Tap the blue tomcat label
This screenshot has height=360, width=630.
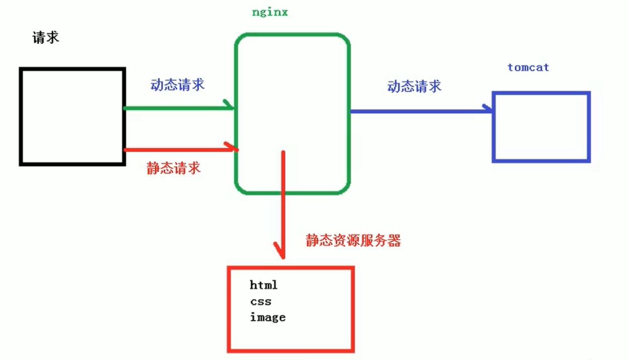528,67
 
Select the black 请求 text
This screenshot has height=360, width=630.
46,38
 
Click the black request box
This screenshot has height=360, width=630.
72,117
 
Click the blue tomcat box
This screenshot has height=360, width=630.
540,127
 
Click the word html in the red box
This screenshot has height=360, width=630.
264,285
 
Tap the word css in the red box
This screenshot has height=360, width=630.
260,302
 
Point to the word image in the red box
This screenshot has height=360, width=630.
268,317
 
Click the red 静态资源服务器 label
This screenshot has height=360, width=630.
353,241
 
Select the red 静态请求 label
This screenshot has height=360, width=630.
174,168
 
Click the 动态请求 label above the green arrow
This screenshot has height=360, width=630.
177,85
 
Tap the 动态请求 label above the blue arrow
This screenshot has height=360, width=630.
414,87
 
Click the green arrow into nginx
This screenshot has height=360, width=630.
176,108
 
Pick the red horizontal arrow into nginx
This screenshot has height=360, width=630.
179,149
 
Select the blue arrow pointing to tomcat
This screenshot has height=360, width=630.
418,111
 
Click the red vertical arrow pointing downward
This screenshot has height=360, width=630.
283,201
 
